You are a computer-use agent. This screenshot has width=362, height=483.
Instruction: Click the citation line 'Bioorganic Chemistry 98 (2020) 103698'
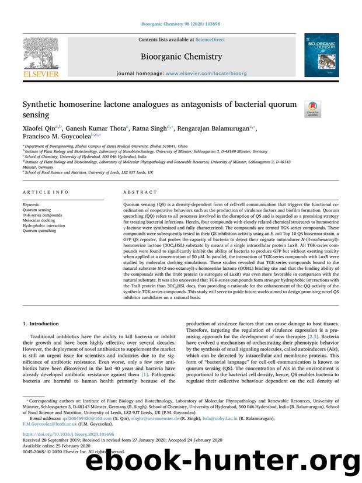point(180,25)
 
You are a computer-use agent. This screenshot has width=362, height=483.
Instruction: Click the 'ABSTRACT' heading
point(141,192)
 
